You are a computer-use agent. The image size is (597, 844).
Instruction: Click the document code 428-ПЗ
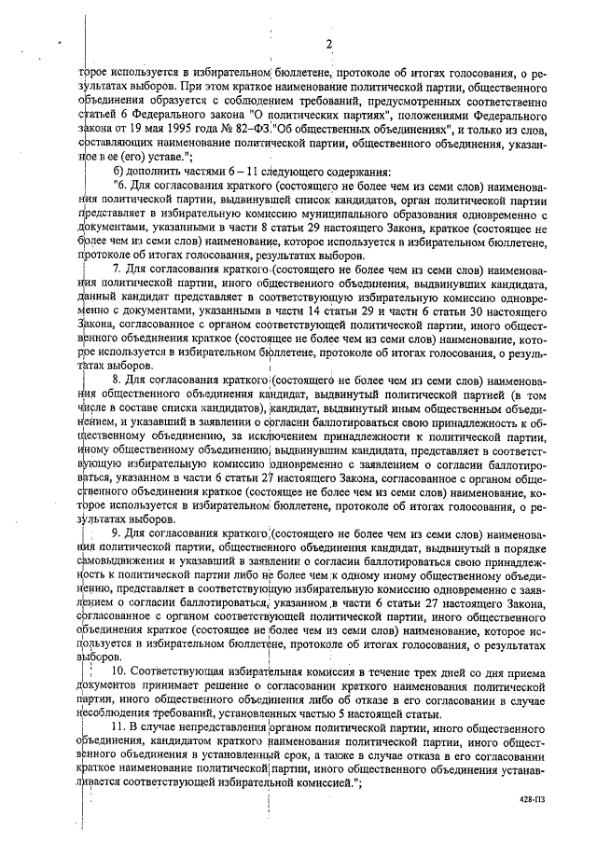click(533, 799)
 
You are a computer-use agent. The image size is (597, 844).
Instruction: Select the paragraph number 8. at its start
click(117, 380)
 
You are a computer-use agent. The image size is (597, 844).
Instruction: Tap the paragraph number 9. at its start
click(117, 534)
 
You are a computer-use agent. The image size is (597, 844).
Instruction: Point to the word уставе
click(161, 159)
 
